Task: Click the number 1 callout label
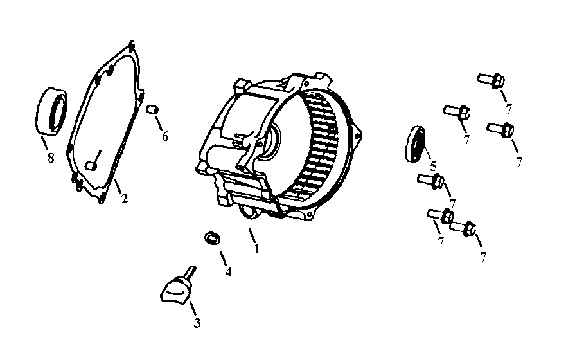coord(257,248)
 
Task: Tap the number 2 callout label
coord(125,199)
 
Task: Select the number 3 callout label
coord(197,323)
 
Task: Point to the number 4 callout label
coord(227,271)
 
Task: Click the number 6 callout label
coord(165,136)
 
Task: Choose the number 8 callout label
coord(50,157)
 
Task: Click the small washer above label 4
coord(211,238)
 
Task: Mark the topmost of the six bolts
coord(492,80)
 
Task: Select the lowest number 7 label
coord(482,256)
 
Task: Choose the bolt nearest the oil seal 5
coord(429,181)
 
